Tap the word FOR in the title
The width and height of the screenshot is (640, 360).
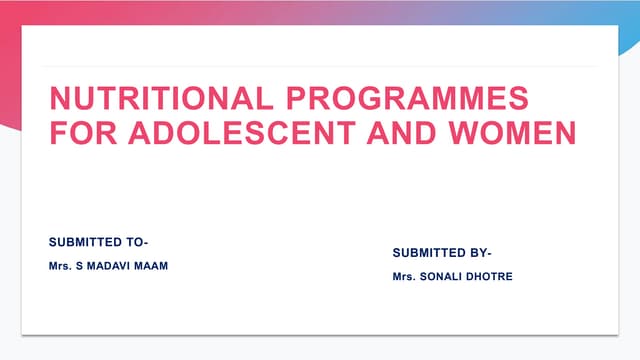81,132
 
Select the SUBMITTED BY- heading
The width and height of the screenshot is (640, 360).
442,253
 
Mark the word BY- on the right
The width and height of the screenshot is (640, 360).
479,253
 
